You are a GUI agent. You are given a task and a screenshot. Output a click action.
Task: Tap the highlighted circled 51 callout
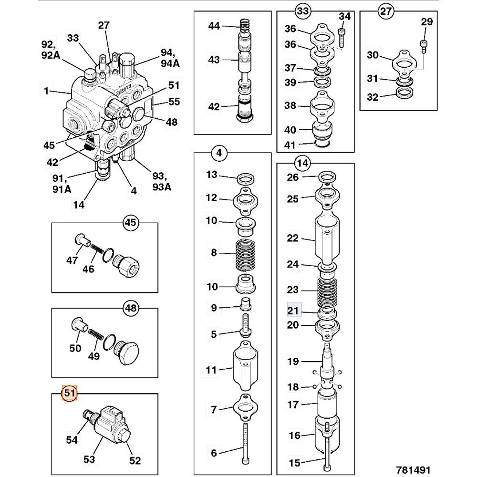pos(70,393)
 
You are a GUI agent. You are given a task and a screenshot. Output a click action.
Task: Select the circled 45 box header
pos(130,222)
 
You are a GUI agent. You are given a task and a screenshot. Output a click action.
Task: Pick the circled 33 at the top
pos(302,10)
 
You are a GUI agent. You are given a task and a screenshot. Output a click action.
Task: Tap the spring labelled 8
pos(247,253)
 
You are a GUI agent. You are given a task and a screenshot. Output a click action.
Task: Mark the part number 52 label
pos(135,460)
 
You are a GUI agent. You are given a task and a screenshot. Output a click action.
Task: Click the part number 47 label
pos(72,260)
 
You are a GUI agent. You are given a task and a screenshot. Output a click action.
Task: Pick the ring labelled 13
pos(246,179)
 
